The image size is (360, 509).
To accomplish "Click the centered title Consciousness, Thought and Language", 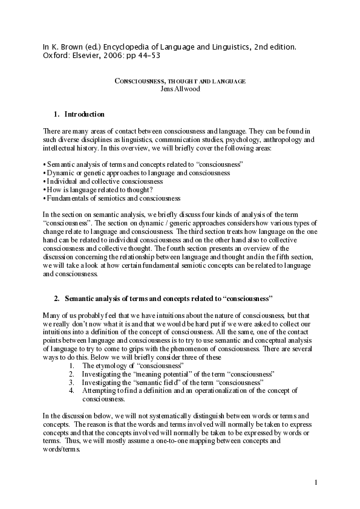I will [x=180, y=81].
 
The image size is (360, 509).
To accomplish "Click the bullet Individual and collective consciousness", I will [x=104, y=181].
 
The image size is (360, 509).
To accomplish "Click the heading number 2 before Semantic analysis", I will [x=56, y=298].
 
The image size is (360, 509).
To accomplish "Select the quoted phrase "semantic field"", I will [x=148, y=383].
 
